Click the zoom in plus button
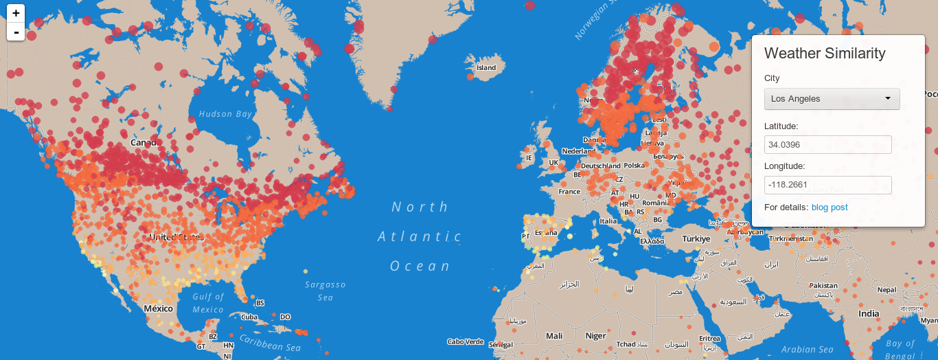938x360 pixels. click(x=16, y=13)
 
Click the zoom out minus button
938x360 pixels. click(x=16, y=32)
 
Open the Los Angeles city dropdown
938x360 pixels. click(x=832, y=99)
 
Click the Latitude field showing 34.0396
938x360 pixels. click(x=827, y=145)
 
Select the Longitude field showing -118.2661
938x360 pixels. click(x=827, y=185)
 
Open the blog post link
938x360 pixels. click(x=830, y=207)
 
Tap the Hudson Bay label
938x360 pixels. click(x=225, y=114)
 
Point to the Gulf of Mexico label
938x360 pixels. click(x=208, y=303)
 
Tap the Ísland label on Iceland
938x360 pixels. click(x=486, y=68)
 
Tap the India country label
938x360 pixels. click(x=869, y=314)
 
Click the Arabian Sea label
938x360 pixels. click(x=808, y=350)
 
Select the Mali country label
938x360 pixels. click(x=554, y=336)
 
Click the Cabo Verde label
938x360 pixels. click(x=465, y=341)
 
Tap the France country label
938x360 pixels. click(x=569, y=192)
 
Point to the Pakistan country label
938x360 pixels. click(x=823, y=286)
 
